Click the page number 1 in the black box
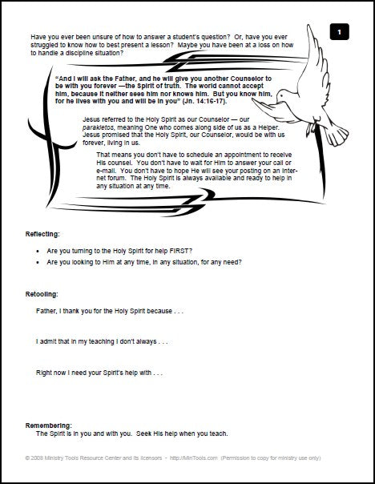pyautogui.click(x=340, y=32)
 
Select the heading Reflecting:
pyautogui.click(x=40, y=235)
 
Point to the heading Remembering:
pyautogui.click(x=45, y=425)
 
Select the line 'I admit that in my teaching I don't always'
pyautogui.click(x=101, y=341)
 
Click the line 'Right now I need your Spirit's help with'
pyautogui.click(x=99, y=373)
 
